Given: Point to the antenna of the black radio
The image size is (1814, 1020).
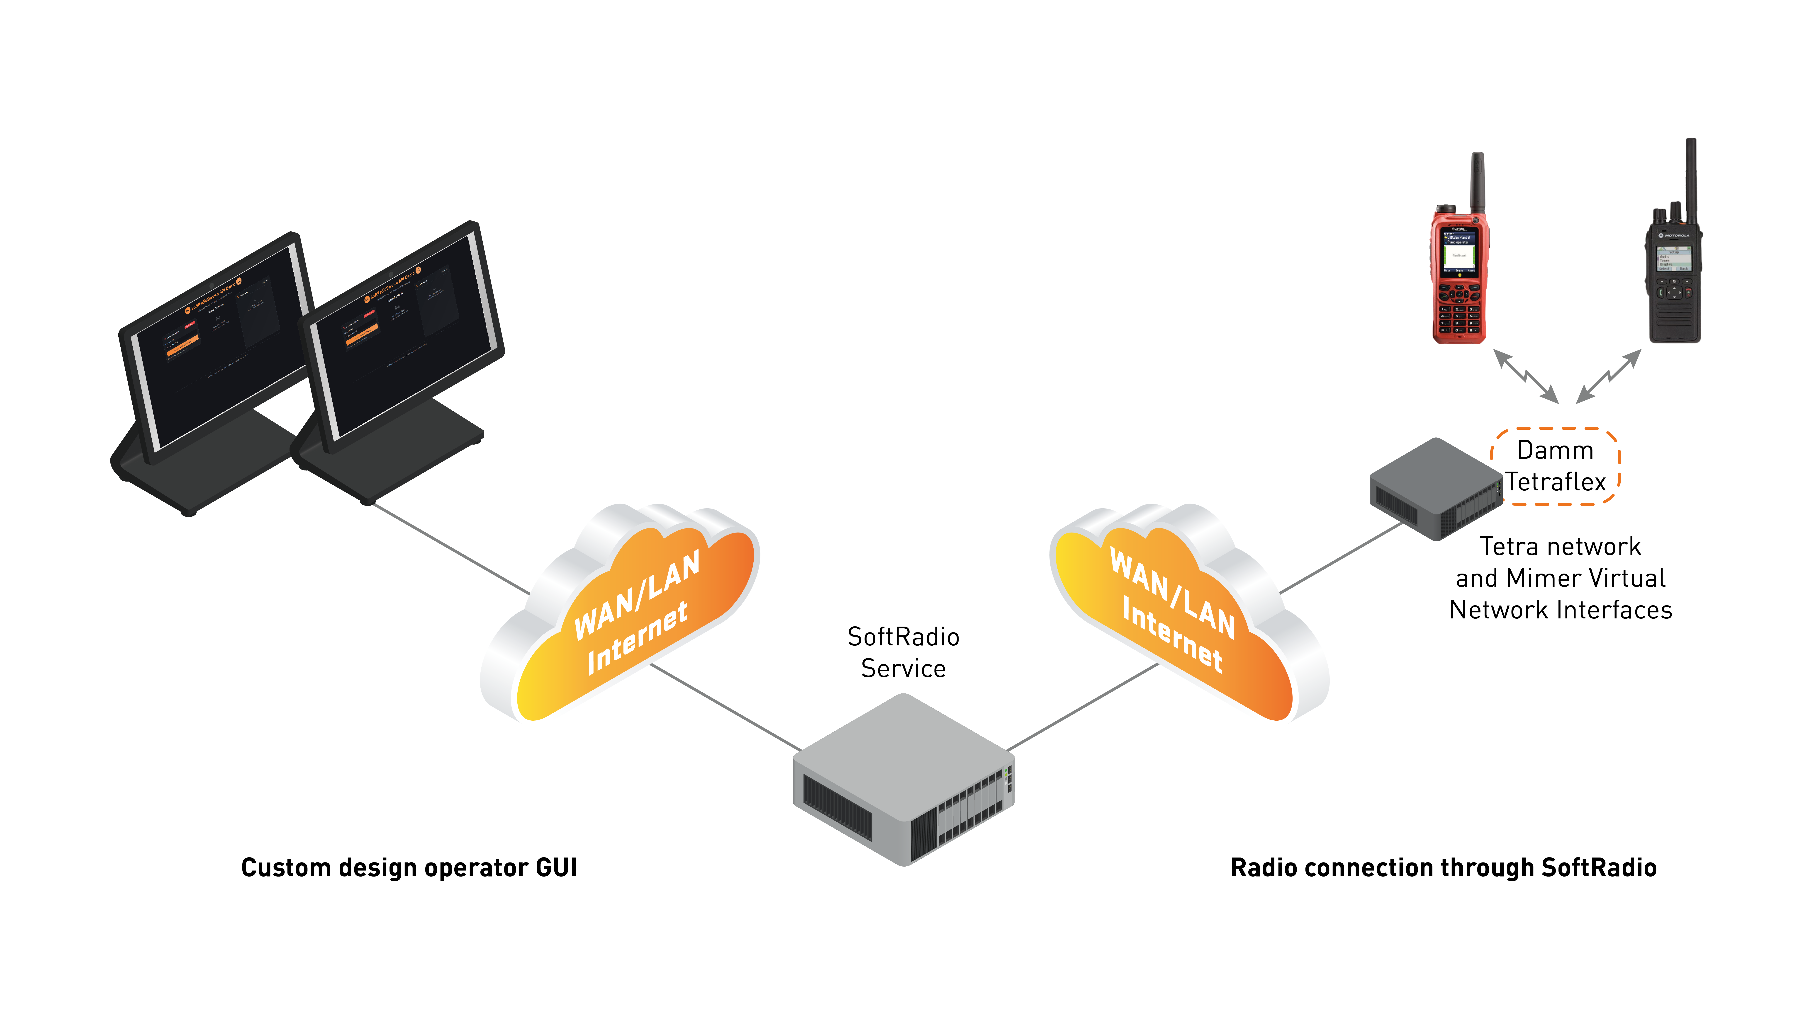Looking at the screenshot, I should click(1690, 176).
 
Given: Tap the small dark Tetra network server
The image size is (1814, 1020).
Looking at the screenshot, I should click(1433, 489).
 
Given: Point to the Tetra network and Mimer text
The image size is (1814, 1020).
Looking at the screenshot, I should click(1561, 578).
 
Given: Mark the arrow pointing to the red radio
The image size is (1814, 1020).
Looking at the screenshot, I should click(1524, 377).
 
